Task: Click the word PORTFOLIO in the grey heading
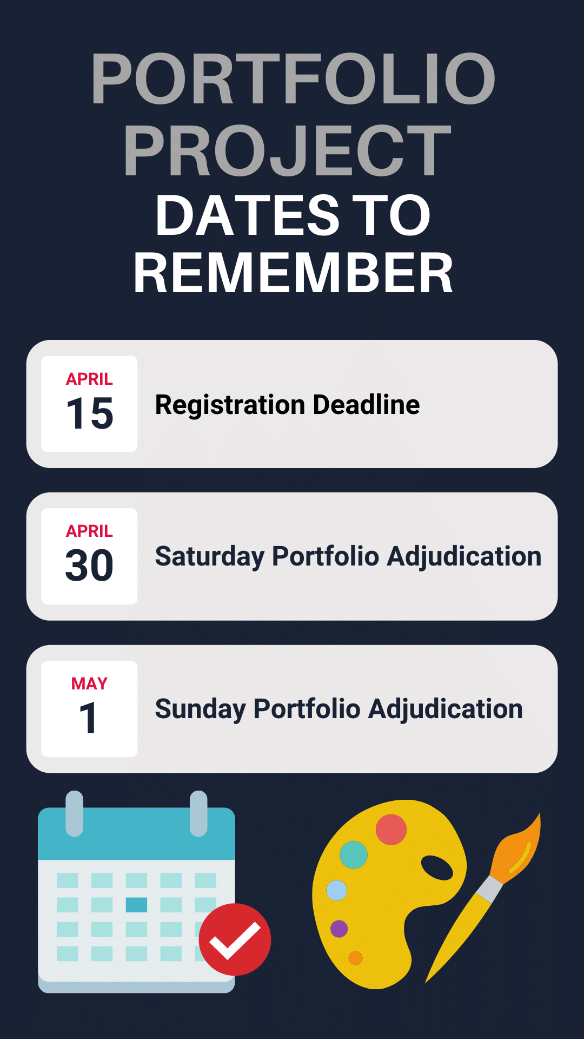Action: [x=293, y=78]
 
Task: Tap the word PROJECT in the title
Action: [x=287, y=150]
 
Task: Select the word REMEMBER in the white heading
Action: [x=293, y=273]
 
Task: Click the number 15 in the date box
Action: [x=90, y=414]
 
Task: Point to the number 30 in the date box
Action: [x=89, y=566]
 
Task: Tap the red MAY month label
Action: [x=89, y=683]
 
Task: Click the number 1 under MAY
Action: [x=88, y=718]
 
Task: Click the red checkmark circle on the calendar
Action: [x=235, y=939]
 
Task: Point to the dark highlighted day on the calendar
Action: [x=136, y=905]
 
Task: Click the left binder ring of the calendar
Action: [x=74, y=813]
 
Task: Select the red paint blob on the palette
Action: [x=391, y=830]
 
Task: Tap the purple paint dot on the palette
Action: [x=339, y=929]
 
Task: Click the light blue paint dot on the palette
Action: [x=336, y=890]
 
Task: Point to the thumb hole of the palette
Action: [x=437, y=867]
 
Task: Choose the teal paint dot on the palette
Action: [x=354, y=854]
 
